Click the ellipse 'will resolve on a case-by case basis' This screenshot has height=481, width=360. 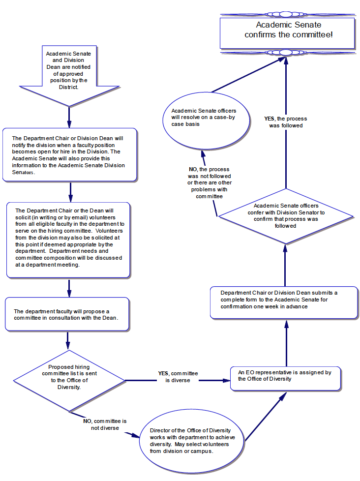tap(205, 120)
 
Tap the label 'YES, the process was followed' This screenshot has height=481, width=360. tap(285, 122)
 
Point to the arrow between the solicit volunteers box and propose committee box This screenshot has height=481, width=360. tap(69, 288)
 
